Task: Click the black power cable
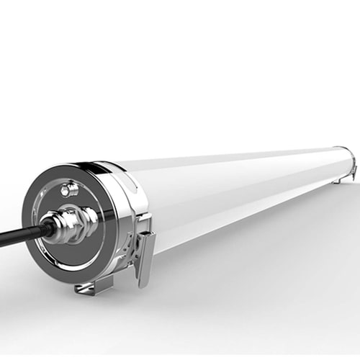pos(18,236)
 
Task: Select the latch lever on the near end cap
pos(145,256)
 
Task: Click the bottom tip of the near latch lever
pos(142,282)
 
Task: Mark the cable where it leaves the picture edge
pos(2,243)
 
